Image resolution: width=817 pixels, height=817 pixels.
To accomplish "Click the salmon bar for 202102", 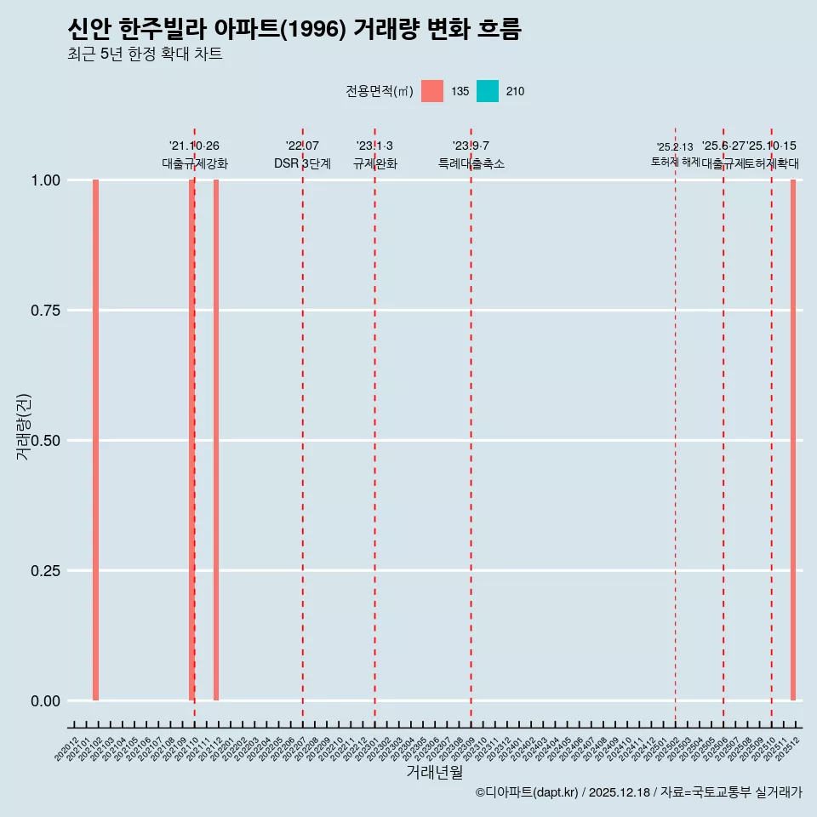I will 96,440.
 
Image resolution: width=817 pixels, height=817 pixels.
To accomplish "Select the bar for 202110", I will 191,440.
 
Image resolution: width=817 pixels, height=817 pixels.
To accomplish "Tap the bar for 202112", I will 216,440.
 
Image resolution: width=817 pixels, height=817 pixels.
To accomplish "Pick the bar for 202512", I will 793,440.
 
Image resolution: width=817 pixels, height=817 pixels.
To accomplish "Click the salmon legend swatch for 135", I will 432,91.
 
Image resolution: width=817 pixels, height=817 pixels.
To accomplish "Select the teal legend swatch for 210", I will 488,91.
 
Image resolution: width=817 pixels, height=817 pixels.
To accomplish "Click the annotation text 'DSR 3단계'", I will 302,163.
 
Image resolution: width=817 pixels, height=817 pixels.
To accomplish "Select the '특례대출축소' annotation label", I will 471,163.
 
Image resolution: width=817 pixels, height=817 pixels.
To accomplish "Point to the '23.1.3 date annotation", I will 374,146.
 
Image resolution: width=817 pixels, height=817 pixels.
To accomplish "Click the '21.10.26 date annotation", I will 194,146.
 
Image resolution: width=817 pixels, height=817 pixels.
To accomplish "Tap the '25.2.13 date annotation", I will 675,147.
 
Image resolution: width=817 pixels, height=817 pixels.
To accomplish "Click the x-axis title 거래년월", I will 435,773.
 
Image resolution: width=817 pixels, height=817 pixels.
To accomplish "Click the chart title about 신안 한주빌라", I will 294,29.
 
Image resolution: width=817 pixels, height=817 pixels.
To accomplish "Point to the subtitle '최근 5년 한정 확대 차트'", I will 145,54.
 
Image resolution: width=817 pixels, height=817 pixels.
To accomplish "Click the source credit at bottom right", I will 638,792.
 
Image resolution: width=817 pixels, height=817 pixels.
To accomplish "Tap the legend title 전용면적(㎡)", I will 380,92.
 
